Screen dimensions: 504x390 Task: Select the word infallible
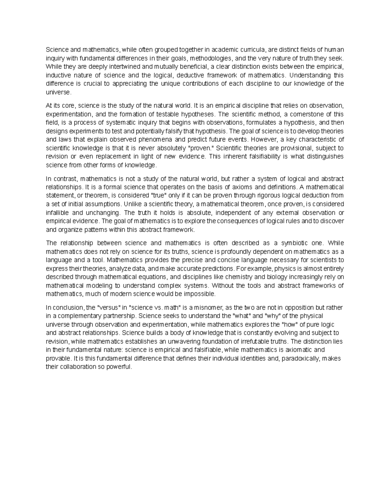click(x=57, y=213)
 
